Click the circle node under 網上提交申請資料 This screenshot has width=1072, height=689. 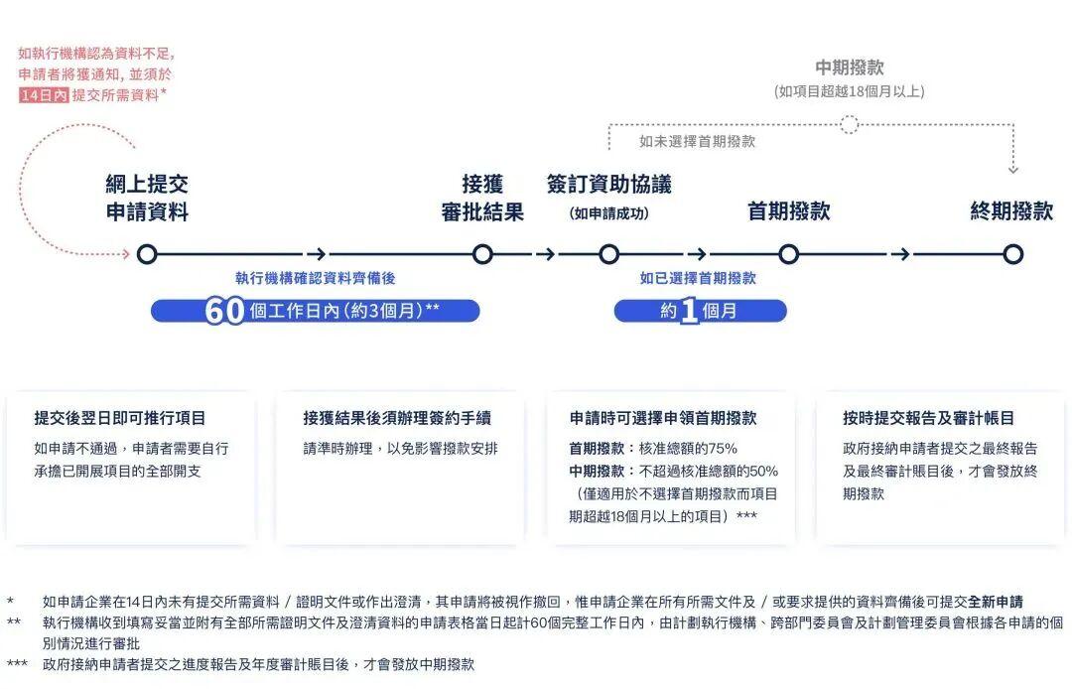point(147,254)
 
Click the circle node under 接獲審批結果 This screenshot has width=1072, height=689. point(482,254)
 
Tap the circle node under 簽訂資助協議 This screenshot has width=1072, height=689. point(608,254)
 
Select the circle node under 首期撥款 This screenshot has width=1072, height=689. point(788,254)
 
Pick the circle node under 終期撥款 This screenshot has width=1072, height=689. point(1012,254)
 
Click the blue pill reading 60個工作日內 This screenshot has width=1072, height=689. point(315,311)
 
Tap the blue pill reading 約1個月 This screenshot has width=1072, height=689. point(700,311)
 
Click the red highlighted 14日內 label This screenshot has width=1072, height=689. point(43,95)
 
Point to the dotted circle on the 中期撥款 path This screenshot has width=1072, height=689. point(849,124)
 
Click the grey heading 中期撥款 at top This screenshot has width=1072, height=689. point(849,68)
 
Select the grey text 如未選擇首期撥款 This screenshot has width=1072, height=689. point(697,142)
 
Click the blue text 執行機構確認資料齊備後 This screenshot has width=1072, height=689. point(315,279)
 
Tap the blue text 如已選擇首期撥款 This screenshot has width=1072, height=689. point(698,279)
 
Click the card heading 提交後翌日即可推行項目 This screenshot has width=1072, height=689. point(120,419)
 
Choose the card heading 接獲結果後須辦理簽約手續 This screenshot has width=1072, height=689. point(397,419)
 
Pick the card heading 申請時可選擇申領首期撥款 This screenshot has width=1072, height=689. point(663,419)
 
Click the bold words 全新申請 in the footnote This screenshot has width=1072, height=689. point(996,602)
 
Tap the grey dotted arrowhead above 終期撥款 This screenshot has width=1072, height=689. point(1012,169)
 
